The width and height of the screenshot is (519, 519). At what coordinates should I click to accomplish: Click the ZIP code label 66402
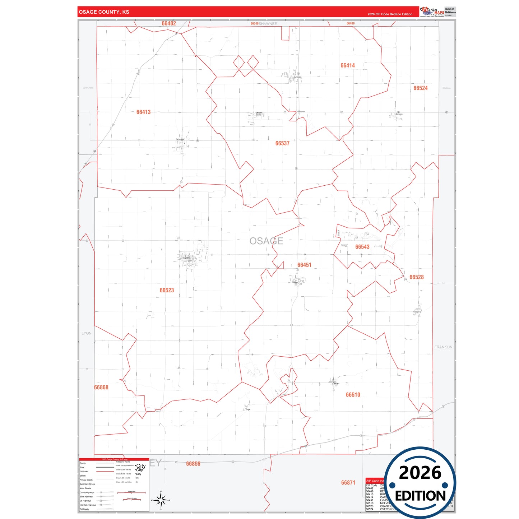pyautogui.click(x=169, y=24)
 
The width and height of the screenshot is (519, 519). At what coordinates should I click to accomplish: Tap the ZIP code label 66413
pyautogui.click(x=143, y=112)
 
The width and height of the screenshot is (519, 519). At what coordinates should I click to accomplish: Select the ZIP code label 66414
pyautogui.click(x=348, y=65)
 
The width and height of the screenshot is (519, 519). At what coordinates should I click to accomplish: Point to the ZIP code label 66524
pyautogui.click(x=420, y=88)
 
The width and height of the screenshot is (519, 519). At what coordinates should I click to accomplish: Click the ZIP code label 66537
pyautogui.click(x=282, y=143)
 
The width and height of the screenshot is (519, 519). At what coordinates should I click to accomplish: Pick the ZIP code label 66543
pyautogui.click(x=362, y=247)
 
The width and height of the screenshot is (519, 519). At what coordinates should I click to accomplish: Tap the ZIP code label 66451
pyautogui.click(x=304, y=265)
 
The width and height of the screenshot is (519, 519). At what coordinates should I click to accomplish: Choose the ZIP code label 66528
pyautogui.click(x=417, y=277)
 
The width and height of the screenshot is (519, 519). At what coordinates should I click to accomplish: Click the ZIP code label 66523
pyautogui.click(x=167, y=290)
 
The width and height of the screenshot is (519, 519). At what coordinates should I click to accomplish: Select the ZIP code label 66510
pyautogui.click(x=353, y=395)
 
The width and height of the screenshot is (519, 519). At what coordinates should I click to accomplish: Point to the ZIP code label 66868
pyautogui.click(x=101, y=388)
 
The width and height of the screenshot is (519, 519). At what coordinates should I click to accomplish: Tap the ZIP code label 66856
pyautogui.click(x=193, y=464)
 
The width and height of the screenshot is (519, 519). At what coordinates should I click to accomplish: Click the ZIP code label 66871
pyautogui.click(x=348, y=483)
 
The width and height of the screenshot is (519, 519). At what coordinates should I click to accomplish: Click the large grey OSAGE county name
pyautogui.click(x=266, y=241)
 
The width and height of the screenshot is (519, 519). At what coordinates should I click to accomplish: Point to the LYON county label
pyautogui.click(x=87, y=333)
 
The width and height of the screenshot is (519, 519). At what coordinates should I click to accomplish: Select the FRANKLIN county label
pyautogui.click(x=443, y=347)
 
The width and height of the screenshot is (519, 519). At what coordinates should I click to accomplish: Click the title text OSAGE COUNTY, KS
pyautogui.click(x=104, y=12)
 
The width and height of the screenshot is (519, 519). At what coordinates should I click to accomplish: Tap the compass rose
pyautogui.click(x=161, y=500)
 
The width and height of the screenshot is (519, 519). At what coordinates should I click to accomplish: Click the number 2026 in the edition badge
pyautogui.click(x=420, y=473)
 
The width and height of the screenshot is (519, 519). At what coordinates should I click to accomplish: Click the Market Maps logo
pyautogui.click(x=432, y=11)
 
